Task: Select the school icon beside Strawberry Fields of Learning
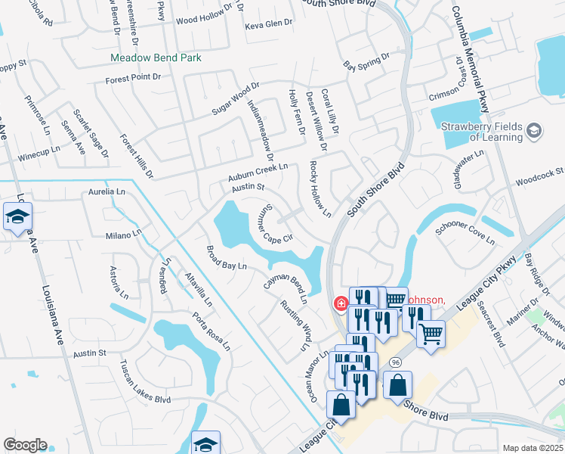point(534,132)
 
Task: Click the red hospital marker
point(341,304)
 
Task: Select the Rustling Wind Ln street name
point(295,325)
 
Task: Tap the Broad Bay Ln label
point(227,257)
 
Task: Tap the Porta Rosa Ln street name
point(210,331)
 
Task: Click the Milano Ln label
point(123,235)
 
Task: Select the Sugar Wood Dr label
point(235,99)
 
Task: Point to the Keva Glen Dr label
point(268,24)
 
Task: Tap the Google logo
point(25,445)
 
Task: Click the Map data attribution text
point(534,448)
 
